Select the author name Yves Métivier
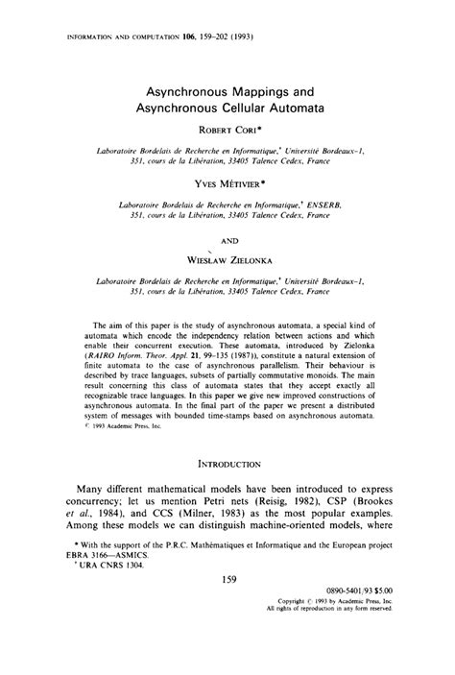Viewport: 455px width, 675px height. pos(227,189)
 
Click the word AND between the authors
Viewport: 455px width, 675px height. pos(227,242)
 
